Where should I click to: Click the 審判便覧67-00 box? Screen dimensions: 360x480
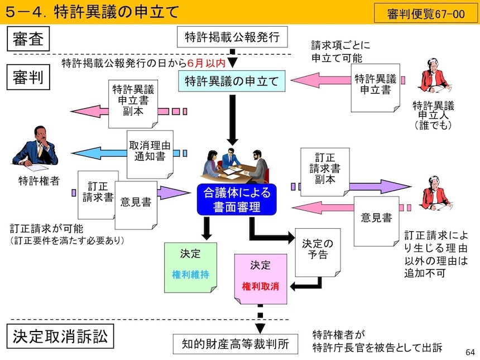click(426, 13)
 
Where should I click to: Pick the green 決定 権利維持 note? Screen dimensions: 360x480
click(190, 267)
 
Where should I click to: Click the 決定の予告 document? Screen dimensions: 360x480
click(316, 251)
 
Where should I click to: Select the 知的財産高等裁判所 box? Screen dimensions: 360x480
click(236, 344)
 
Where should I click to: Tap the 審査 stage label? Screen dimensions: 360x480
click(28, 40)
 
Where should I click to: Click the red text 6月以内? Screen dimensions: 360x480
click(207, 62)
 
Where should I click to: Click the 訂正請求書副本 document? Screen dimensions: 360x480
click(324, 167)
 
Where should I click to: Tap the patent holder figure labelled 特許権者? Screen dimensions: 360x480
click(35, 148)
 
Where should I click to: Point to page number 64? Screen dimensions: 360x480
click(469, 352)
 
